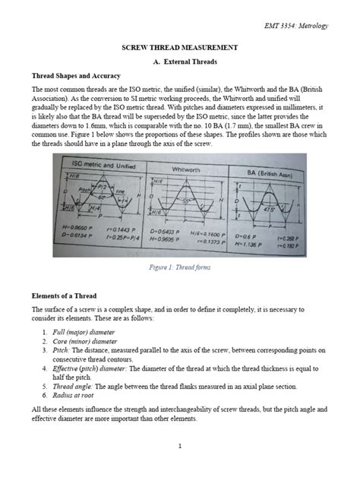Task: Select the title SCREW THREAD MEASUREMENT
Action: coord(179,47)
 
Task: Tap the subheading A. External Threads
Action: coord(180,62)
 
